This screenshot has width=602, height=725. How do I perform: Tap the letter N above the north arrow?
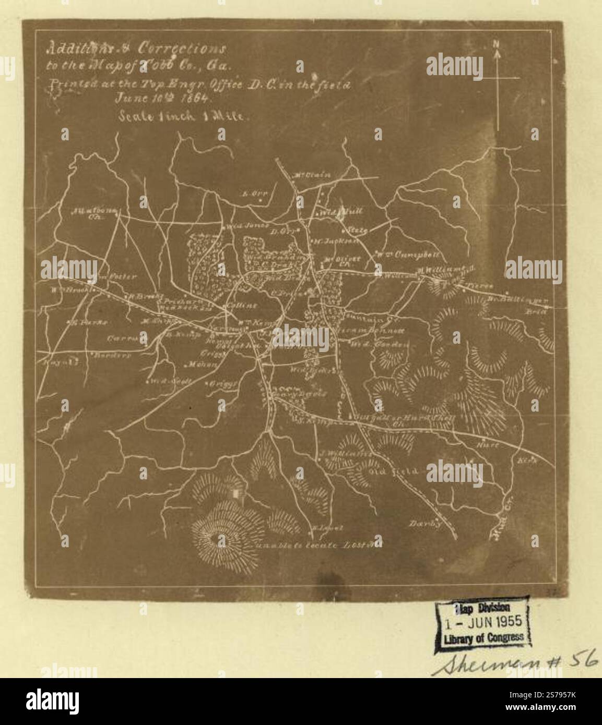pyautogui.click(x=497, y=44)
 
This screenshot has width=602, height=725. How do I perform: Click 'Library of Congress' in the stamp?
pyautogui.click(x=482, y=637)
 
